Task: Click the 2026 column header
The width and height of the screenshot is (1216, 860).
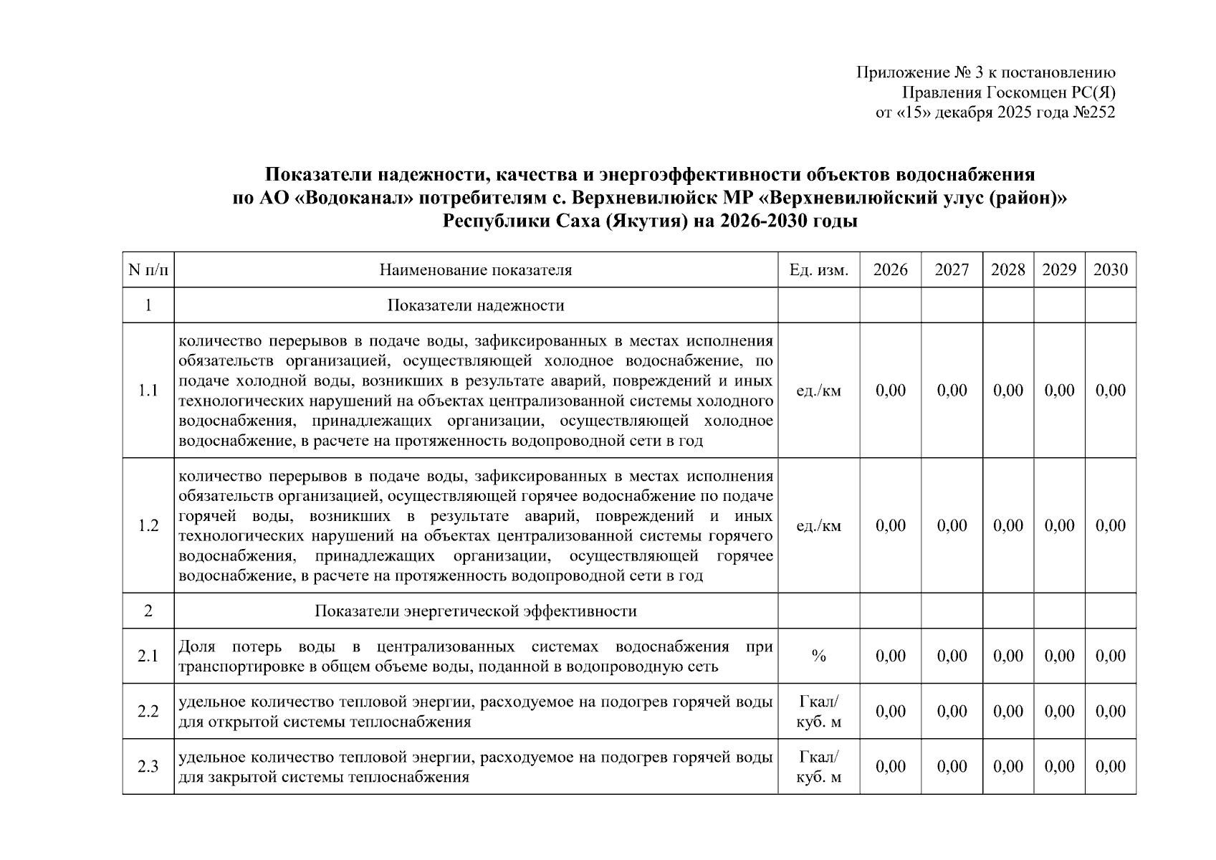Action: [x=890, y=270]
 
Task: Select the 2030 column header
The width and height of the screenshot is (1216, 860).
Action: [x=1110, y=270]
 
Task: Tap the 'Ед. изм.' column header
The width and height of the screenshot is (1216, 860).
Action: [x=818, y=270]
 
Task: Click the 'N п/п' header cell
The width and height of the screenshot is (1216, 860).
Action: [x=148, y=270]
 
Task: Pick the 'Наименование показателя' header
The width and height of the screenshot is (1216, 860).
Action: [x=476, y=270]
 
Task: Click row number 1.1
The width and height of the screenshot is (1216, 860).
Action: [x=148, y=391]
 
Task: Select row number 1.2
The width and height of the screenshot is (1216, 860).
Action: [x=148, y=526]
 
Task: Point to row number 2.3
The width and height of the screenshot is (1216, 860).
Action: [x=148, y=767]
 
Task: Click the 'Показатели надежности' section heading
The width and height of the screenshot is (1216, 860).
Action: [x=476, y=306]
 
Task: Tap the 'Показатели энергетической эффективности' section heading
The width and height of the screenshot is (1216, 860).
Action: [x=476, y=611]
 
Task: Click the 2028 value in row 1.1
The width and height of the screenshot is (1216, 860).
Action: [x=1007, y=391]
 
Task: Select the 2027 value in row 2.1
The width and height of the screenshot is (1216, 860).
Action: [x=952, y=656]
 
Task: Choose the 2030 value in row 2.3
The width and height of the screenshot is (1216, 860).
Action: [x=1110, y=767]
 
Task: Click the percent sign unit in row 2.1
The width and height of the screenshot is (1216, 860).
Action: [x=818, y=656]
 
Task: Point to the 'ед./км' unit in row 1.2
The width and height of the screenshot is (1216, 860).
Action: [x=818, y=526]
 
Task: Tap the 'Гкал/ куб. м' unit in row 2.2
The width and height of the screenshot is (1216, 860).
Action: [x=818, y=712]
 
